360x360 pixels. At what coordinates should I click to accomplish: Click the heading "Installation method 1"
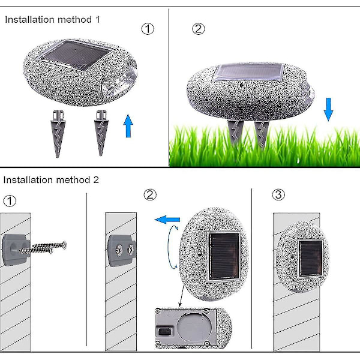[x=53, y=19]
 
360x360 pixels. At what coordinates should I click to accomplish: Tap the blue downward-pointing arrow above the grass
[x=328, y=109]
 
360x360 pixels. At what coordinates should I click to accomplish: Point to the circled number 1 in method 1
[x=148, y=28]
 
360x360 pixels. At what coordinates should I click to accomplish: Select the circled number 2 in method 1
[x=198, y=28]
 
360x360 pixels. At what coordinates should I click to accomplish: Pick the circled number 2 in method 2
[x=150, y=194]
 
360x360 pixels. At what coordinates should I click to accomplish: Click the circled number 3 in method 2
[x=278, y=194]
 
